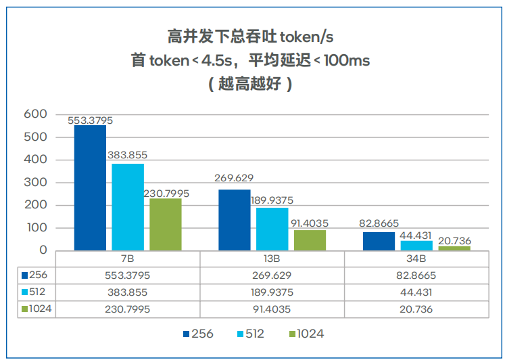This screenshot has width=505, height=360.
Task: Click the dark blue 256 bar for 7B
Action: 90,188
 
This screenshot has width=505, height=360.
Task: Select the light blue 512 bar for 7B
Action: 128,207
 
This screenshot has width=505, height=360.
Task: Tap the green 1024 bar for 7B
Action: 166,224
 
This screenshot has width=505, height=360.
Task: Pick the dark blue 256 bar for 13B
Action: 235,220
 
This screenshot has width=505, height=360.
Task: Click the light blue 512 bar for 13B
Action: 272,229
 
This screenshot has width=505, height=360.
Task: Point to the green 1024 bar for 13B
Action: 310,240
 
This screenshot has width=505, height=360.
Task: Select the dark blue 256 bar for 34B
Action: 379,241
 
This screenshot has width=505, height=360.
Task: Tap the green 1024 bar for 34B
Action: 454,248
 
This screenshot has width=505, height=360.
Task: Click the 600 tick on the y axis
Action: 35,114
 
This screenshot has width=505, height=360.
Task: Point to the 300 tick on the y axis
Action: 35,183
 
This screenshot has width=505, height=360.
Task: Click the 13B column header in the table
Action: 272,258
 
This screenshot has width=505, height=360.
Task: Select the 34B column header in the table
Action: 416,258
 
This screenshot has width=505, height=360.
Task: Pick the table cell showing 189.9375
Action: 272,292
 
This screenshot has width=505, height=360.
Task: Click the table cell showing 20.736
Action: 416,309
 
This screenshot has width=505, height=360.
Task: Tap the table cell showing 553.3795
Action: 128,275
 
